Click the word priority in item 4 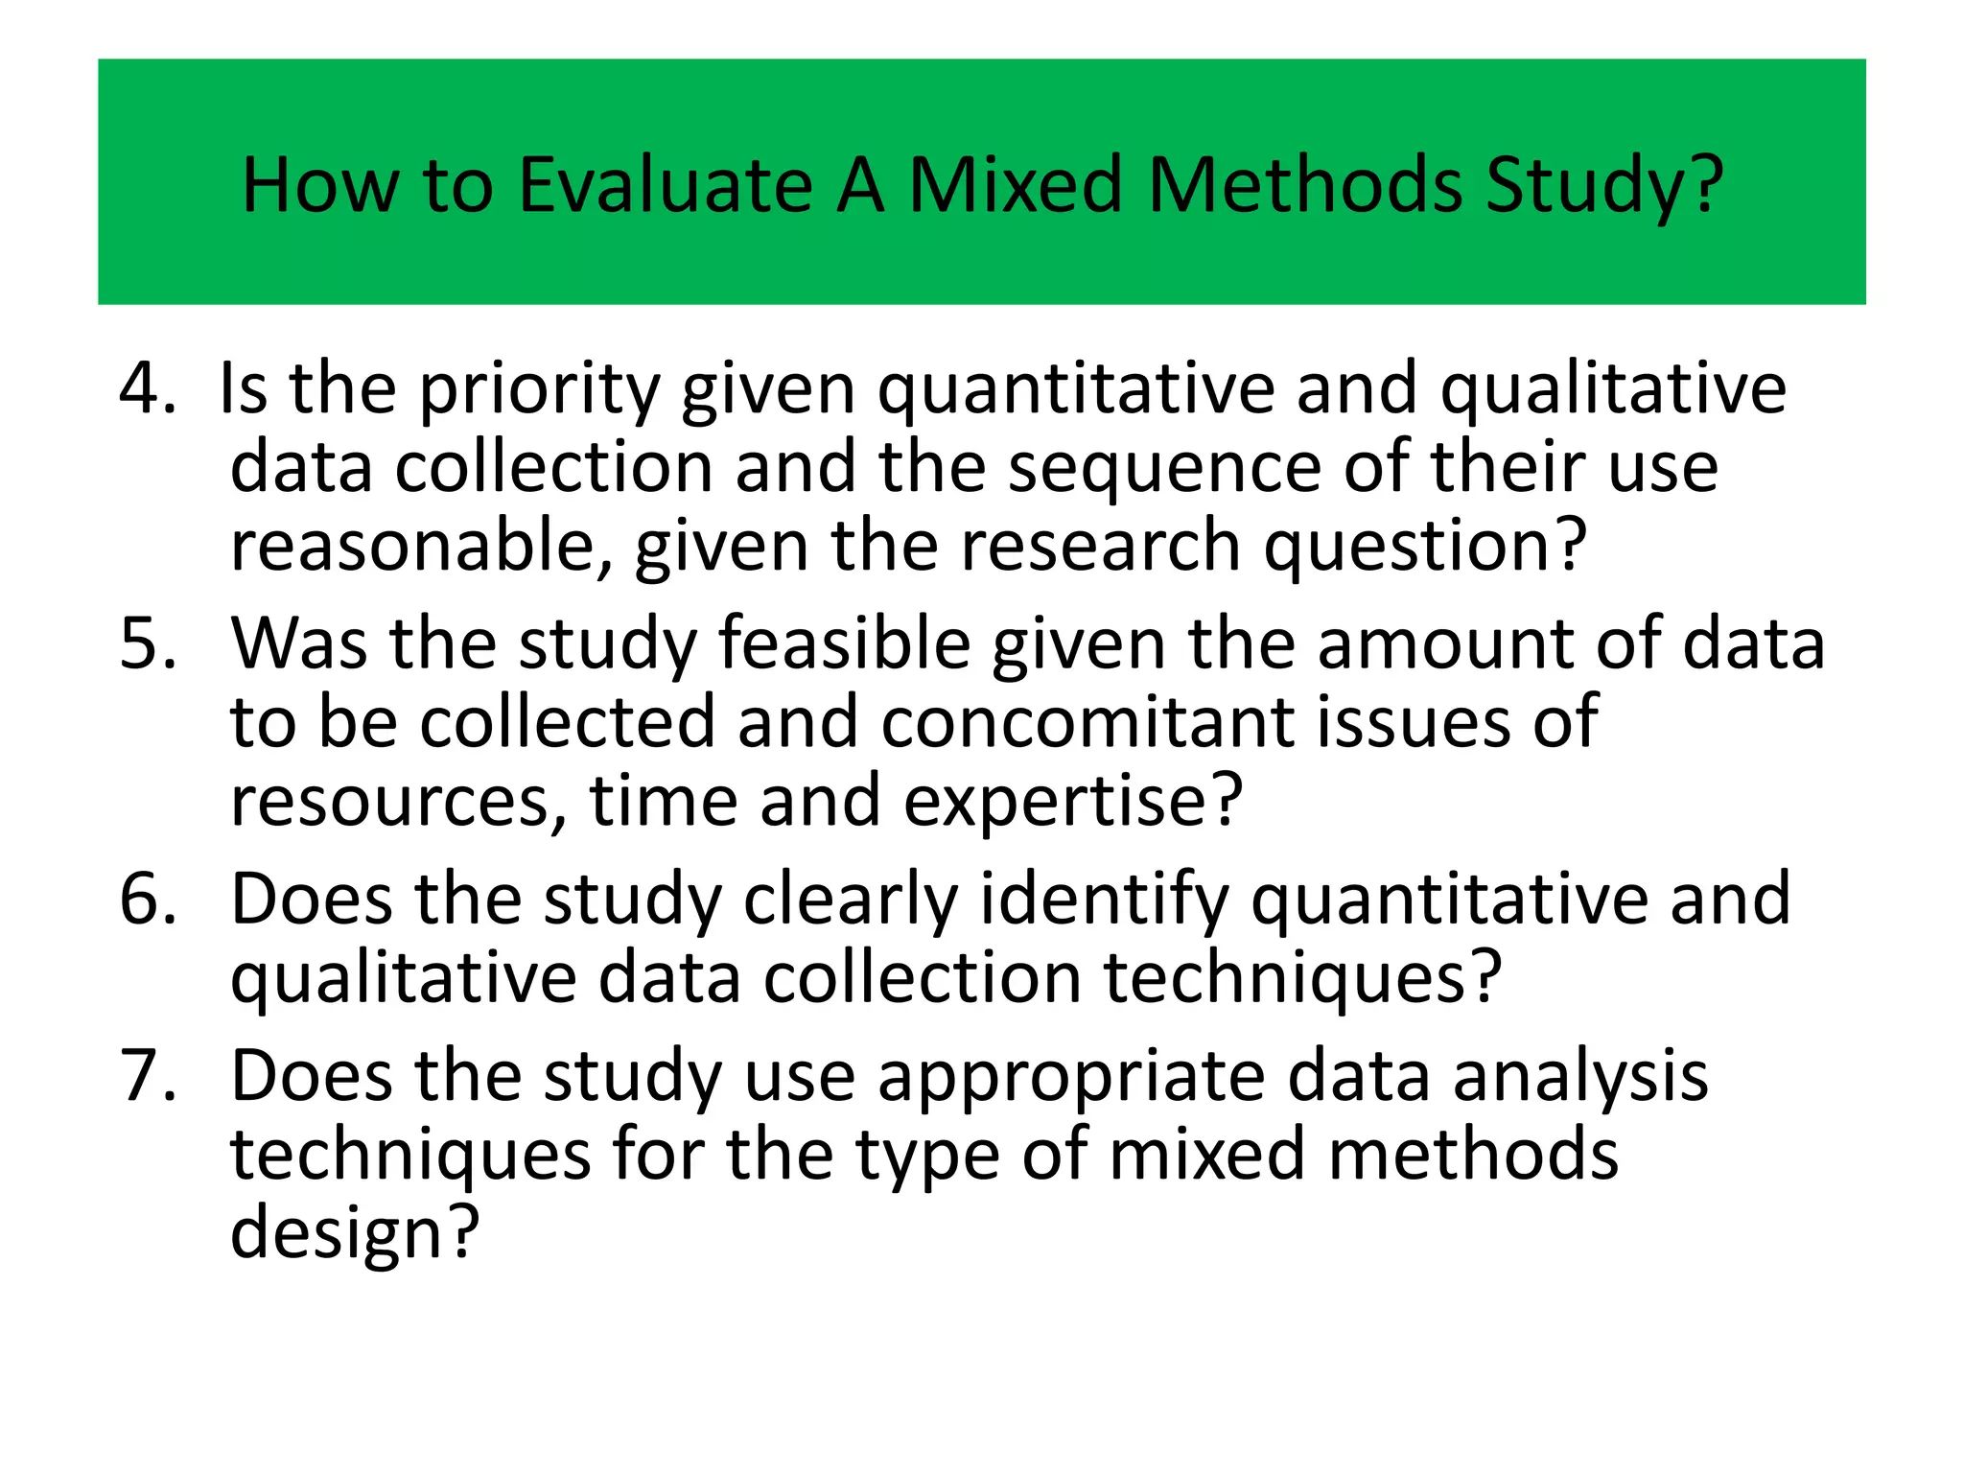tap(540, 390)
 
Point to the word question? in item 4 tap(1425, 547)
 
